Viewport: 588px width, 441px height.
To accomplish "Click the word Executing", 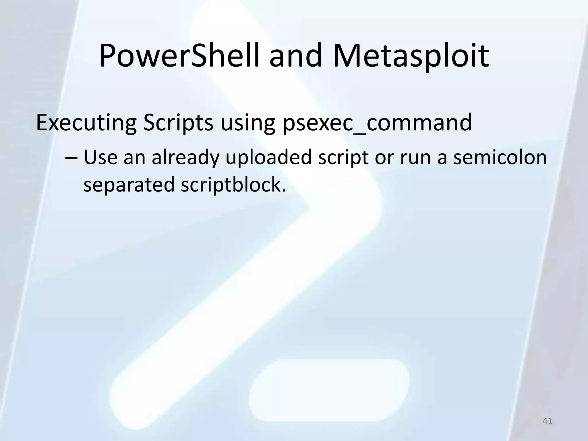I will pos(86,123).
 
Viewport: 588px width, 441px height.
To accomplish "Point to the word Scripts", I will pos(178,123).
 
